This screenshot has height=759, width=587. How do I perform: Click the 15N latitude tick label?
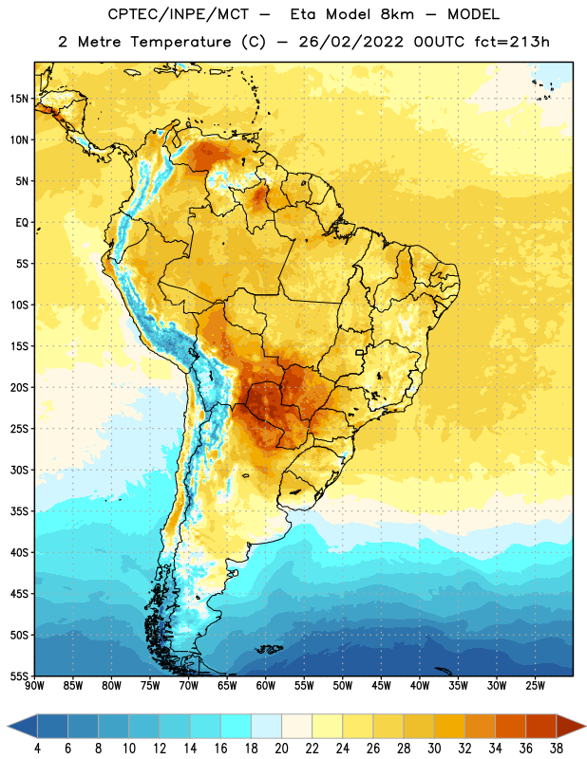click(x=19, y=99)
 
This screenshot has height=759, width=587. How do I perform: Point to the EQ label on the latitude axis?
click(x=22, y=223)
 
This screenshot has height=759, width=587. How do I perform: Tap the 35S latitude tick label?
click(x=19, y=511)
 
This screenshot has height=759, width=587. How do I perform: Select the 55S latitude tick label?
click(x=19, y=676)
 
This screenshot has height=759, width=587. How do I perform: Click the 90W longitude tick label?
click(x=34, y=686)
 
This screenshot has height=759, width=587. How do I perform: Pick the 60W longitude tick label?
click(x=266, y=686)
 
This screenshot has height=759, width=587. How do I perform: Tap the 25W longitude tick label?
click(x=535, y=686)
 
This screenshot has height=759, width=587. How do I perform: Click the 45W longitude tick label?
click(x=381, y=686)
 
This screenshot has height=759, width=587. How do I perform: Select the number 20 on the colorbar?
click(x=281, y=749)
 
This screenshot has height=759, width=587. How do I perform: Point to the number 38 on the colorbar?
click(x=557, y=749)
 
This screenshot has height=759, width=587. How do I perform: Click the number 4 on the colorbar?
click(x=37, y=749)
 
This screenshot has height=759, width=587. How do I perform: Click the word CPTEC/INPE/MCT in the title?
click(x=179, y=14)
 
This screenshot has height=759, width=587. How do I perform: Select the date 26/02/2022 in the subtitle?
click(x=350, y=42)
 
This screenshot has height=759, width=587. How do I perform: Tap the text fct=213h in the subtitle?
click(x=512, y=42)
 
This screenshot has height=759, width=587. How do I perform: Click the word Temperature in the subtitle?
click(x=180, y=43)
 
